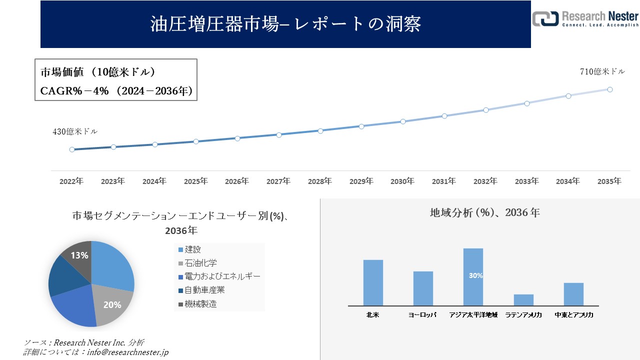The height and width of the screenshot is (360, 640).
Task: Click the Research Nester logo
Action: point(585,18)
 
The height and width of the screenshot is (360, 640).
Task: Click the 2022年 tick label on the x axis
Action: point(71,181)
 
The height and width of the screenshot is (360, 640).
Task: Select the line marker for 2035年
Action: point(610,89)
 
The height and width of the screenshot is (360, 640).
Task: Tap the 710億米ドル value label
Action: point(602,71)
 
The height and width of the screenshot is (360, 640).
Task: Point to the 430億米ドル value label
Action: point(75,132)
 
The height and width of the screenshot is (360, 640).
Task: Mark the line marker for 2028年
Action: point(320,130)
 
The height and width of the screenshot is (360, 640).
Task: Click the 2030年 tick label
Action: point(402,181)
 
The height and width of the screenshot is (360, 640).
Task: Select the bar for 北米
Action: point(373,282)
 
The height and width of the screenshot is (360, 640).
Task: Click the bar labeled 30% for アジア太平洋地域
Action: point(473,276)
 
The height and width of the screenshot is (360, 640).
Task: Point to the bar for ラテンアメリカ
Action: point(523,300)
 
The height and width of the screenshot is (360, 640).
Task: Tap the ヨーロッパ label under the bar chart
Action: point(422,315)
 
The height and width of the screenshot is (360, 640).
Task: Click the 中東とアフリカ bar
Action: point(573,294)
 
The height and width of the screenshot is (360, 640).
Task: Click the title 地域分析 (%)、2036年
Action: point(484,212)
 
